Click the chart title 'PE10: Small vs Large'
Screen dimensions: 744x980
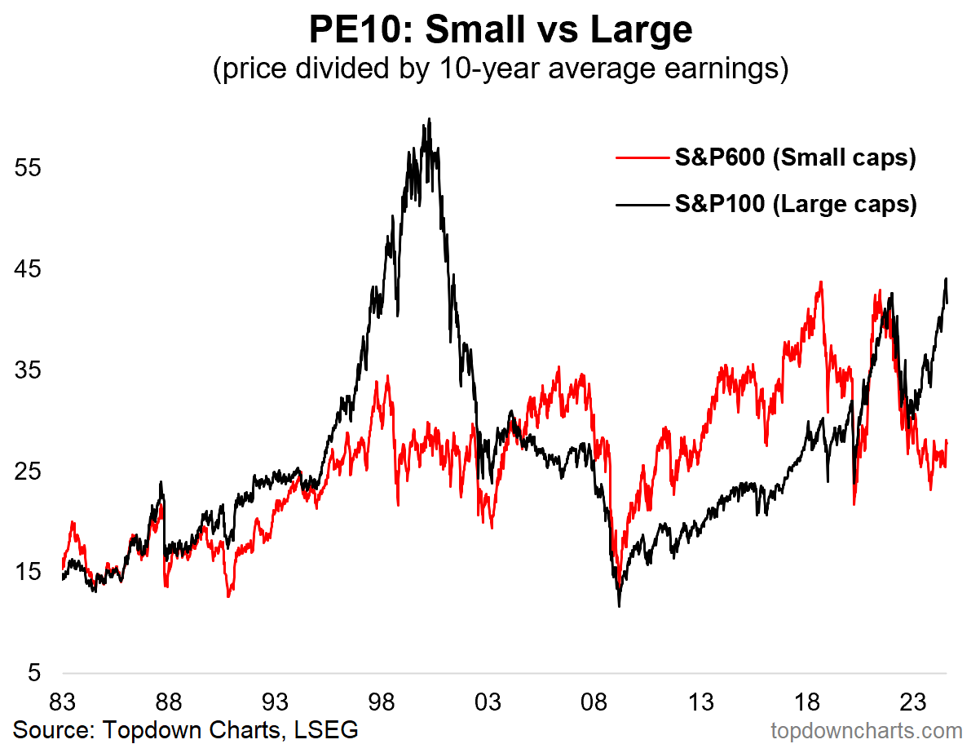point(501,31)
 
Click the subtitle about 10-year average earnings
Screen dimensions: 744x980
point(501,69)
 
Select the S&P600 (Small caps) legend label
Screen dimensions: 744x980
point(795,157)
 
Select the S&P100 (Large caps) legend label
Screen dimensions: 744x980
point(795,203)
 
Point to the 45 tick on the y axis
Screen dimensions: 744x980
point(28,270)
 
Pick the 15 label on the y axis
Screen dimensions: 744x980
point(28,573)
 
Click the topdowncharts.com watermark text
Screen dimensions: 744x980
point(866,728)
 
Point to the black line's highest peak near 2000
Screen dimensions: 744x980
point(429,119)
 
